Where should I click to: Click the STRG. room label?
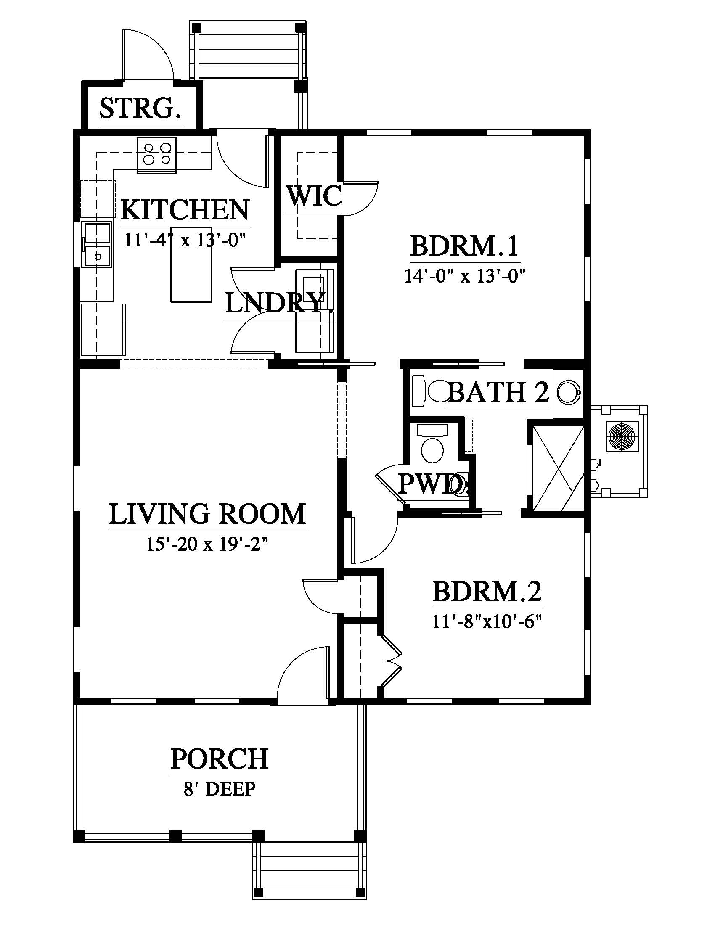pos(140,108)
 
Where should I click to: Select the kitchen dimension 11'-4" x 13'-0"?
pos(185,240)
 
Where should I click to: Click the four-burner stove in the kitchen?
pos(157,155)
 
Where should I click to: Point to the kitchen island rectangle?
pos(191,275)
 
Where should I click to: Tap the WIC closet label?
pos(314,196)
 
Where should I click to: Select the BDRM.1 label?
pos(465,246)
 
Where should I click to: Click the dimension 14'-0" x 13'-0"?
pos(465,277)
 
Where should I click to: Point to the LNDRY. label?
pos(279,303)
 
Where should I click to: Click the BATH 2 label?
pos(498,392)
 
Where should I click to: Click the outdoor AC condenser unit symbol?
pos(622,436)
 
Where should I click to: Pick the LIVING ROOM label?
pos(207,514)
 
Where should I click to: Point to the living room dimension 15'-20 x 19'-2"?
pos(207,544)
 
